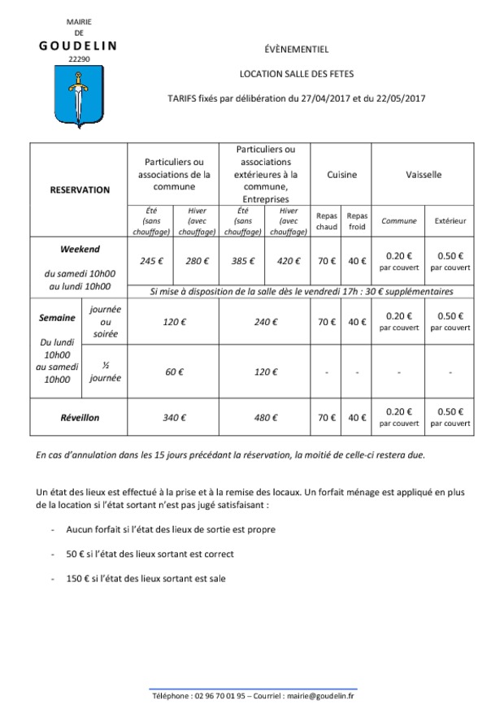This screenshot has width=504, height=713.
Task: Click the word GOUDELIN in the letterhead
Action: coord(78,46)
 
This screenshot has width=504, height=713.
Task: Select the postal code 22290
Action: coord(79,59)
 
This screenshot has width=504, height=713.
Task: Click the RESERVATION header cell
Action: coord(80,189)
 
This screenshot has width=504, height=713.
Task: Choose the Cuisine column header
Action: coord(341,175)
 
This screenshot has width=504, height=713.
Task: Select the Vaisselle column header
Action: coord(424,175)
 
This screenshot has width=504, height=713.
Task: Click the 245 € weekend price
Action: coord(152,261)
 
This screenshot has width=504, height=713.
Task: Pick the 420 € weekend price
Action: coord(289,261)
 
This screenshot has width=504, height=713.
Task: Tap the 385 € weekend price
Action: coord(243,261)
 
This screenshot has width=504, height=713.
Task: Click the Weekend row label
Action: coord(80,249)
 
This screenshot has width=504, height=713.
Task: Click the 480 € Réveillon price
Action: coord(266,417)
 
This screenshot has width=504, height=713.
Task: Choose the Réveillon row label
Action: coord(80,417)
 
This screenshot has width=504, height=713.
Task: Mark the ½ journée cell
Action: coord(106,372)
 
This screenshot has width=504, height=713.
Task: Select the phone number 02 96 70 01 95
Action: coord(220,696)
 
